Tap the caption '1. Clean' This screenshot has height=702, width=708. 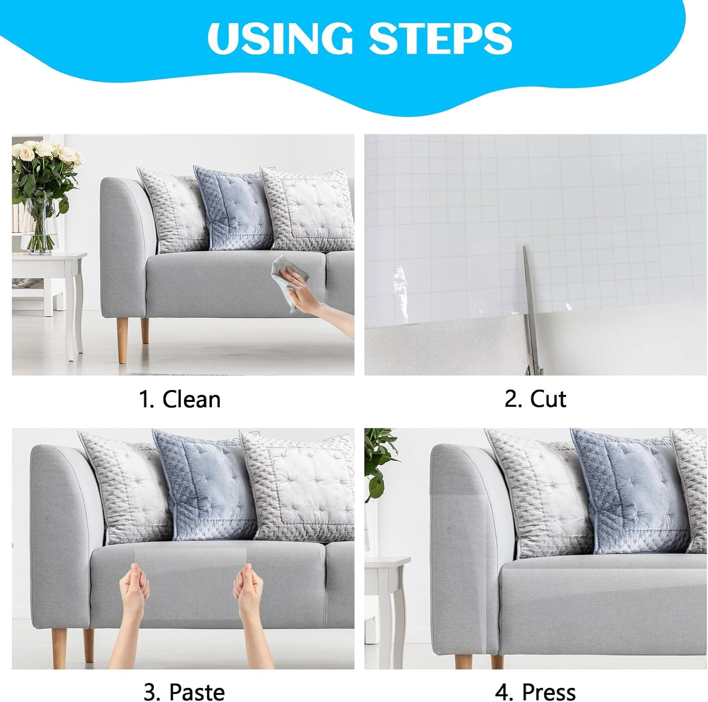pyautogui.click(x=179, y=399)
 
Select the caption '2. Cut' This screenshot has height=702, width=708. pyautogui.click(x=535, y=399)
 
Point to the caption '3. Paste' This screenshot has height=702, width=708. pyautogui.click(x=184, y=692)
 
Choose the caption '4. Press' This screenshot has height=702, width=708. pyautogui.click(x=535, y=693)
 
